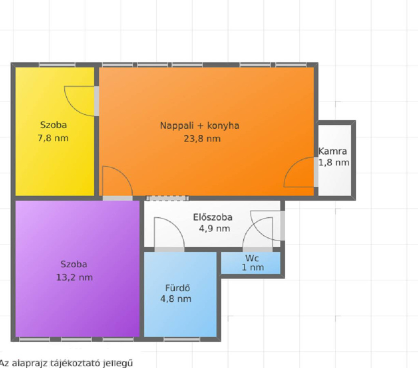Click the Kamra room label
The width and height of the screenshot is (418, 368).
coord(332,151)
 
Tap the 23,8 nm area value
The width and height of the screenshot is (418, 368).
coord(202,139)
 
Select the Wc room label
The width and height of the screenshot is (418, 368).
coord(252,258)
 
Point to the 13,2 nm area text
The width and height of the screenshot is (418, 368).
coord(74,278)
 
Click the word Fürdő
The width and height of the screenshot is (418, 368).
coord(178,288)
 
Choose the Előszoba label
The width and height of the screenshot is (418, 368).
coord(213,217)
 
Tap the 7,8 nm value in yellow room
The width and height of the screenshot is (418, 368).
coord(53,138)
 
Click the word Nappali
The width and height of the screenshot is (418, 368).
coord(177,126)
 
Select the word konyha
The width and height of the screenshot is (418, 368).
coord(223,126)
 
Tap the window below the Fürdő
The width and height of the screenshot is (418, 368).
coord(182,339)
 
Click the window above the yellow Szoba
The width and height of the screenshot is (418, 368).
coord(57,65)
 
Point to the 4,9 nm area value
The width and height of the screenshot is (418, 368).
coord(214,228)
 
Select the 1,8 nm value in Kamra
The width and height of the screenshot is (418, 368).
coord(334,162)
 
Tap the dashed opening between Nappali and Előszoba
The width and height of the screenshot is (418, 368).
coord(167,198)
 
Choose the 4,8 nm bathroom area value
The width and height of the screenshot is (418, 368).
coord(176,299)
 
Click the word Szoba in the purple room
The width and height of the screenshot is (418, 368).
coord(74,264)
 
